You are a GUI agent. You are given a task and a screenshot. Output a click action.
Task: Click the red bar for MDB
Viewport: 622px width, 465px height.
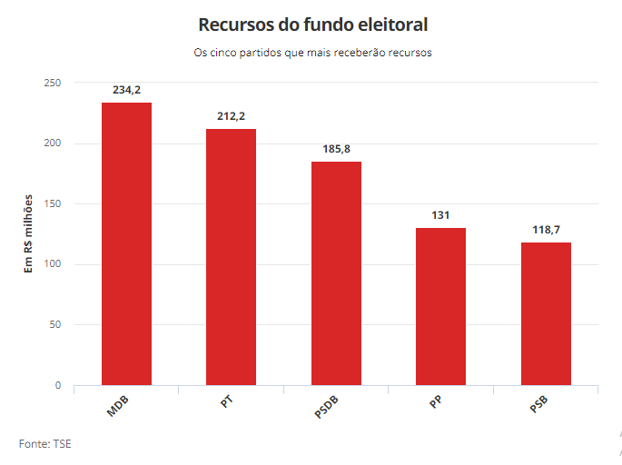[x=126, y=243]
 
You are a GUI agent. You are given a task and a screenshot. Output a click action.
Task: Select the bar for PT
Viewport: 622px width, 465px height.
[x=231, y=257]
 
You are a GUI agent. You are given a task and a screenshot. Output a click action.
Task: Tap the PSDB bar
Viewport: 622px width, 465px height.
[x=336, y=273]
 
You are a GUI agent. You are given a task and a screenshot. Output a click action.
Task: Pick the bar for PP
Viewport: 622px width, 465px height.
[x=440, y=306]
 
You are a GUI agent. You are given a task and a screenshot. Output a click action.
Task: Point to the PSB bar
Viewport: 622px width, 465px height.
[x=546, y=313]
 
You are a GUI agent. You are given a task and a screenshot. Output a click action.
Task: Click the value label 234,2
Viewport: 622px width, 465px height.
[x=126, y=90]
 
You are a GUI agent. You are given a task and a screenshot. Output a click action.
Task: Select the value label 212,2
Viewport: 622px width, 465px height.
[x=231, y=116]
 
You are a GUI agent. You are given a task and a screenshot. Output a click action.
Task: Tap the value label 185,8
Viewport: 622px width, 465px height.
[x=336, y=148]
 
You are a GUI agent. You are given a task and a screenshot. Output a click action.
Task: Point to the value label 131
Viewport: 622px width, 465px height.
[x=440, y=214]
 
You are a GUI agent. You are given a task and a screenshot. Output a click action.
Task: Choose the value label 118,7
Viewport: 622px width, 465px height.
[x=546, y=230]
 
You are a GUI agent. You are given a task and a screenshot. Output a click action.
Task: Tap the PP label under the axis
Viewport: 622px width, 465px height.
[x=436, y=401]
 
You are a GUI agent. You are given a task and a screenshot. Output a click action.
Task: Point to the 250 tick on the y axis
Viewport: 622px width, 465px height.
[x=53, y=83]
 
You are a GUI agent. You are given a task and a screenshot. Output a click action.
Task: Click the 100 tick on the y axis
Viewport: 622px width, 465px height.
[x=53, y=264]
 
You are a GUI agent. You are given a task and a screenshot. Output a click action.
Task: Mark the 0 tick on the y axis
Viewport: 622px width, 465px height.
[x=57, y=385]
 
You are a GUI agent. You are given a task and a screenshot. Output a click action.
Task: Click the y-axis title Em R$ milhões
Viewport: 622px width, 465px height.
[x=28, y=234]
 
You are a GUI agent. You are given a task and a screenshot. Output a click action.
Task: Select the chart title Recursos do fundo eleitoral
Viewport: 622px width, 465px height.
[x=312, y=24]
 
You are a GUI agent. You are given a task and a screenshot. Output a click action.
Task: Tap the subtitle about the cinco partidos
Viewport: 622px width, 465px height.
[x=312, y=52]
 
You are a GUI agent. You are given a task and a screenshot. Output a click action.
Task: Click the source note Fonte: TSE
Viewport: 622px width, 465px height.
[x=44, y=443]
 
